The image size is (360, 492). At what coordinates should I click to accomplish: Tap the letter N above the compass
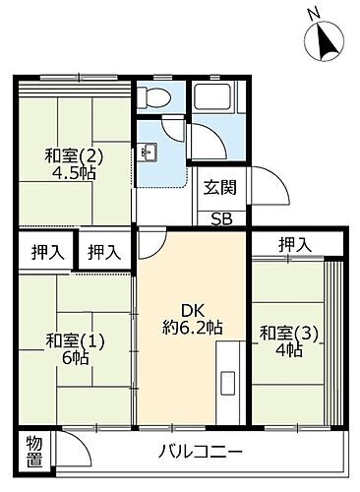pos(314,13)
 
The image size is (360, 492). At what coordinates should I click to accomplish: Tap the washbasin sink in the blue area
pos(149,152)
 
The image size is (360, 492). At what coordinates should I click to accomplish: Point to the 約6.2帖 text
pos(193,327)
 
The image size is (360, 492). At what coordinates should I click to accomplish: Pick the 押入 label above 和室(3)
pos(294,244)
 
